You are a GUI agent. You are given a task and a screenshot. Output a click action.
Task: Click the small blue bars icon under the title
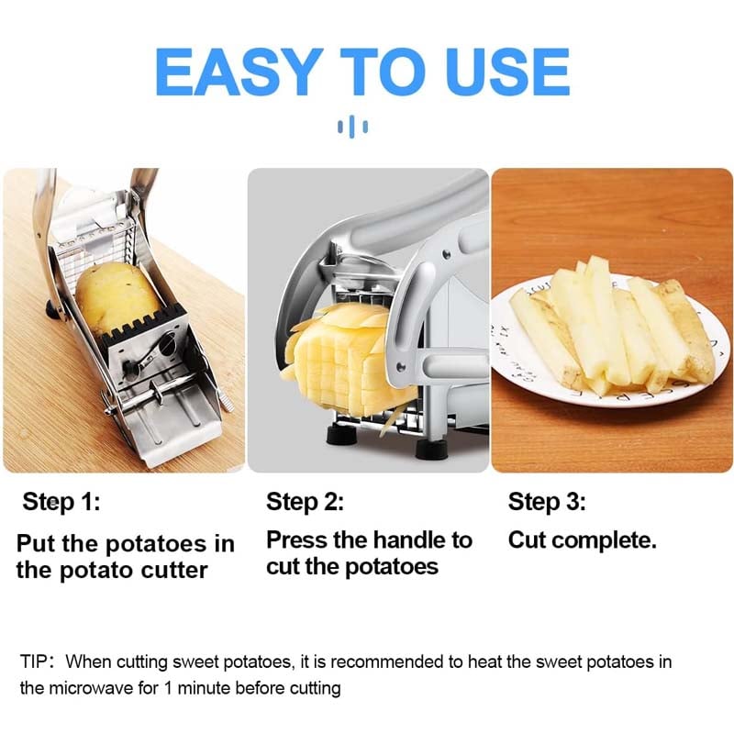(352, 126)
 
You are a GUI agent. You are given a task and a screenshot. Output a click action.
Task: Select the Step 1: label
(61, 502)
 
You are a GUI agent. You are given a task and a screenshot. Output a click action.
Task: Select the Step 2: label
(305, 502)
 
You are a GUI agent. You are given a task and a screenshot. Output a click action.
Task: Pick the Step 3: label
(547, 502)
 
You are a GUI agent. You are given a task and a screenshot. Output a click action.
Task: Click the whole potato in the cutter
(117, 298)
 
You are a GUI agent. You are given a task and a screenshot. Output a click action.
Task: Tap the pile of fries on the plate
(606, 326)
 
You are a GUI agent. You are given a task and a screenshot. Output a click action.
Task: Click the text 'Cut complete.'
(582, 540)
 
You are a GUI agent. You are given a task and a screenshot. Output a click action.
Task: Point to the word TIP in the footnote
(35, 661)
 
